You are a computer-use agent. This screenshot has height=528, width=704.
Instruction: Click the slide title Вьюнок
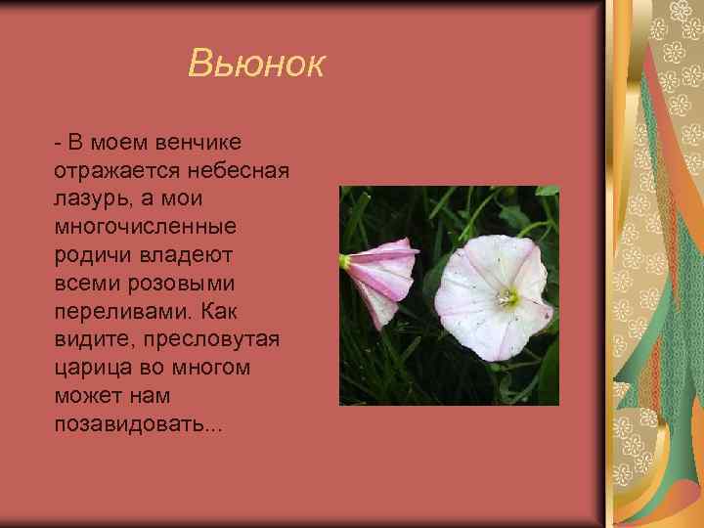pyautogui.click(x=255, y=66)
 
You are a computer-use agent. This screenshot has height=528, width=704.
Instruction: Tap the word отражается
pyautogui.click(x=110, y=171)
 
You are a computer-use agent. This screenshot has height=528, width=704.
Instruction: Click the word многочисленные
pyautogui.click(x=146, y=228)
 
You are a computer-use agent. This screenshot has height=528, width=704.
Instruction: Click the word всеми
pyautogui.click(x=87, y=284)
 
